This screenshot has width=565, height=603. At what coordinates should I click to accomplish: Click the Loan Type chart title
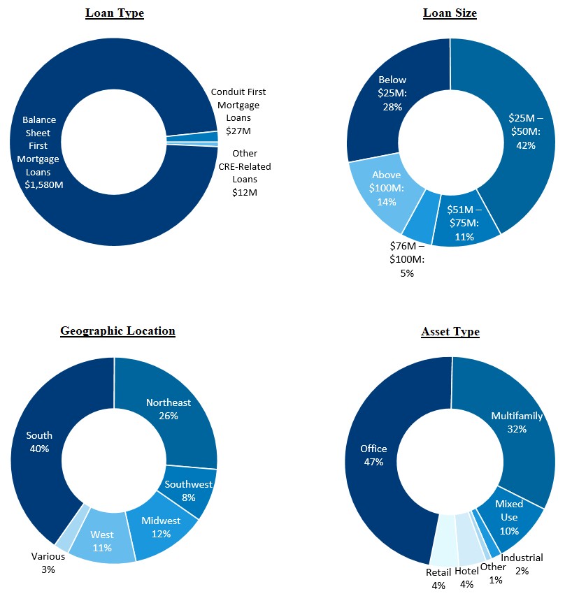pyautogui.click(x=114, y=13)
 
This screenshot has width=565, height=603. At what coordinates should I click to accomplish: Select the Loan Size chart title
pyautogui.click(x=450, y=13)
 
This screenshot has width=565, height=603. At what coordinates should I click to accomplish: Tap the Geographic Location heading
pyautogui.click(x=117, y=331)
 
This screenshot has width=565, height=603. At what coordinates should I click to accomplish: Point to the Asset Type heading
pyautogui.click(x=450, y=331)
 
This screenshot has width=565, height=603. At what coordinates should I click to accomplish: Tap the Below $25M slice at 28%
pyautogui.click(x=392, y=93)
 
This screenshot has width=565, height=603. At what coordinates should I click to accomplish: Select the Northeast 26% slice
pyautogui.click(x=169, y=409)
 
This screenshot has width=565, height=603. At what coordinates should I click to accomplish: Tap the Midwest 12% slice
pyautogui.click(x=161, y=527)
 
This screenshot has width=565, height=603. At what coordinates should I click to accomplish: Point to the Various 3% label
pyautogui.click(x=48, y=562)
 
